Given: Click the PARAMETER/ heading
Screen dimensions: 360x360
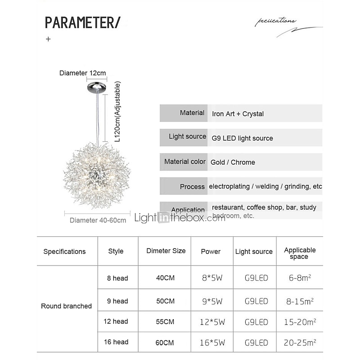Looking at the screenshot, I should point(82,22).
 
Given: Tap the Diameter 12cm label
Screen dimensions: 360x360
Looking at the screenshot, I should point(82,73).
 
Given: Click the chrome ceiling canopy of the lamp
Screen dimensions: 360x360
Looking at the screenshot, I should point(97,85).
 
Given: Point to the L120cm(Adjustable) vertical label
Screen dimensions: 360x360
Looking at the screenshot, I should point(118,112).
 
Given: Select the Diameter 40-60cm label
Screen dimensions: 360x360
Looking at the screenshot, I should point(98,220).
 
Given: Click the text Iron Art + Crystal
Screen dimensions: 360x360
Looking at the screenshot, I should point(238,114).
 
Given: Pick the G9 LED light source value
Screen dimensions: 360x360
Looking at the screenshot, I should point(242,138).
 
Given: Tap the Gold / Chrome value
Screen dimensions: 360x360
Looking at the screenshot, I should point(233,162).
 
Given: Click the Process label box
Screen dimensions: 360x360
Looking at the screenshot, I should point(184,186).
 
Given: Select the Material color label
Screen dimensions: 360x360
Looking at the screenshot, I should point(184,162).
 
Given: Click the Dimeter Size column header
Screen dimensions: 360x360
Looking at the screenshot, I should point(166,251).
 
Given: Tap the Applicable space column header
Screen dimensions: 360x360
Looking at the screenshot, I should point(300,253).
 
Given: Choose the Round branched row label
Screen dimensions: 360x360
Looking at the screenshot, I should point(66,306).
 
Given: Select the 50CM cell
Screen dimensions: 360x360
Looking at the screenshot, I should point(165,301).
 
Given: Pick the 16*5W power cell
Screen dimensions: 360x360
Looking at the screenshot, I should point(211,342).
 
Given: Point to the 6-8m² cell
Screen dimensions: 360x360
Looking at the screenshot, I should point(300,278).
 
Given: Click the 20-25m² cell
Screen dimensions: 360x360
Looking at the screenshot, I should point(300,342).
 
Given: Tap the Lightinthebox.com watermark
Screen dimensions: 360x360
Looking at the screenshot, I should point(180,218).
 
